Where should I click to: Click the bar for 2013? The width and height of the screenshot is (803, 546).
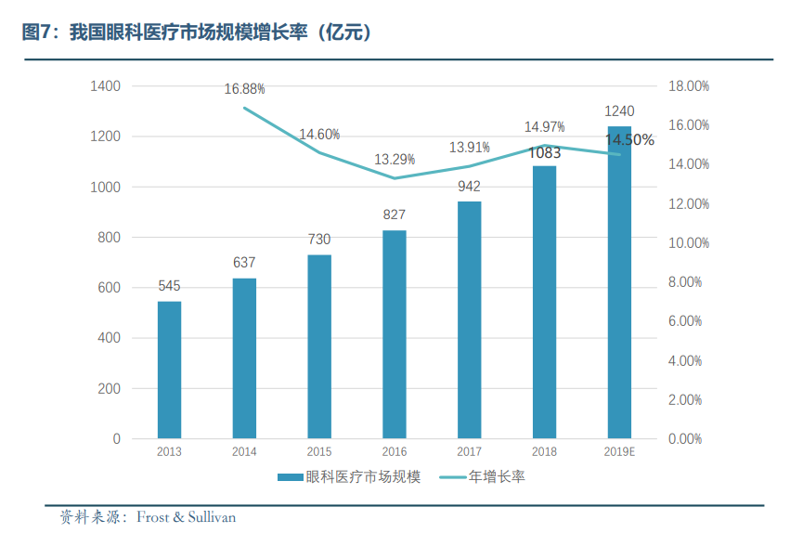[169, 370]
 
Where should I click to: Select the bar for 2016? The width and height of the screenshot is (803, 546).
[395, 334]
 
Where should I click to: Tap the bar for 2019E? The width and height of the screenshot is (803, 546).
[619, 282]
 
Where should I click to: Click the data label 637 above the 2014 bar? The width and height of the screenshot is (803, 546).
[244, 263]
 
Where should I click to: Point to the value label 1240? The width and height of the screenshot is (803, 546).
[619, 111]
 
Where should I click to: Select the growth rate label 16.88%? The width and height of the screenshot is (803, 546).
[244, 89]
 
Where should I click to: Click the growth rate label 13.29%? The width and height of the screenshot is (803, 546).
[395, 160]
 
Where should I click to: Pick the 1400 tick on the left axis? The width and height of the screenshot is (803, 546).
[105, 86]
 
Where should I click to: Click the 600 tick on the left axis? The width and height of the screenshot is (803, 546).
[108, 288]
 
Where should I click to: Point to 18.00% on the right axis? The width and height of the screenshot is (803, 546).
[689, 86]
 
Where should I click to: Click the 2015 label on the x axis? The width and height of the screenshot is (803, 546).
[319, 452]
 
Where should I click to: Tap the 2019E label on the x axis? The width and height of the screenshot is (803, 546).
[619, 452]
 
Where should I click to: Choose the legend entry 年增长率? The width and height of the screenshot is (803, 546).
[497, 477]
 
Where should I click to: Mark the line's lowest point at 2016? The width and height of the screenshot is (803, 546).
[395, 178]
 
